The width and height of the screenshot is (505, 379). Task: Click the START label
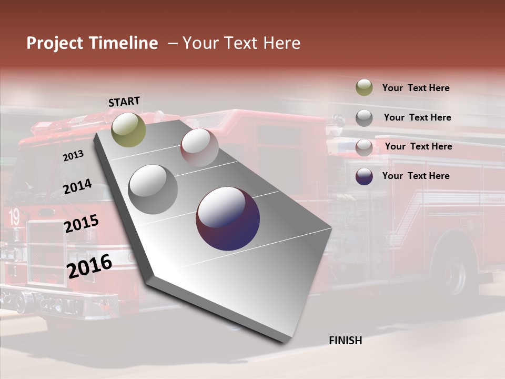124,102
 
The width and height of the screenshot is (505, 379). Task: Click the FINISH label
346,341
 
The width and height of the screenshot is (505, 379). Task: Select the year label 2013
73,155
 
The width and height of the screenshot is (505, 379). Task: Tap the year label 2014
77,187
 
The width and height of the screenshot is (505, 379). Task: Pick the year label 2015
81,224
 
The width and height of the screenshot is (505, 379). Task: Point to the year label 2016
89,266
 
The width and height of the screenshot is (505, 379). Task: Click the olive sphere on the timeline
129,129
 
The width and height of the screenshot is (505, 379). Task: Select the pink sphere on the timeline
199,147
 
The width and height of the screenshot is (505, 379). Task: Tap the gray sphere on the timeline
153,189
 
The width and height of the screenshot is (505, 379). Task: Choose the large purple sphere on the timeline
228,218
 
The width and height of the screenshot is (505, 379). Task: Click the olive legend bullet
364,87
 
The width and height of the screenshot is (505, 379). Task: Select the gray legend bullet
364,117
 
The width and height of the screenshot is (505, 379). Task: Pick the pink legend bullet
364,147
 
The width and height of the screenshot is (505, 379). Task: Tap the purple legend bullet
364,176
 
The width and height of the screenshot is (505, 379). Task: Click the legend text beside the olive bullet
416,88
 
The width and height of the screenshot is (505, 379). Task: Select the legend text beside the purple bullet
416,176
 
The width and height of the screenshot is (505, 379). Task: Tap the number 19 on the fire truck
13,216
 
